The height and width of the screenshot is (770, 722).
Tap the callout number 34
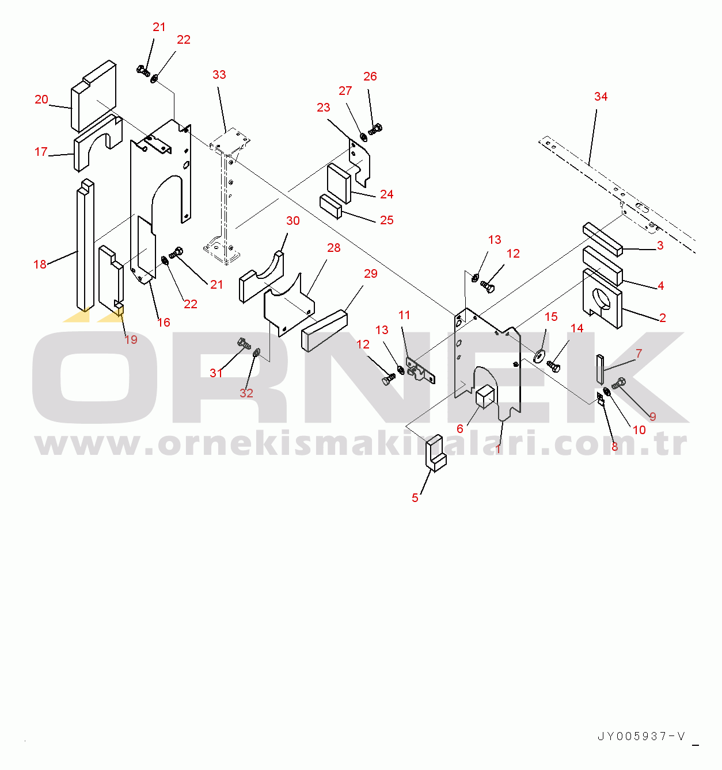601,96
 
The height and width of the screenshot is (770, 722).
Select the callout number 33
219,74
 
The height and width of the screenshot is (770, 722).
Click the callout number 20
41,99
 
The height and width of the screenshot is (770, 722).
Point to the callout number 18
40,264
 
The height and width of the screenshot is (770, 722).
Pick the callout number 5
415,498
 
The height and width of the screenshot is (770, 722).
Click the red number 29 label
371,273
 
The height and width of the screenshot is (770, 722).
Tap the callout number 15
551,317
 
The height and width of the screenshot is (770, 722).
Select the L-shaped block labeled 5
436,453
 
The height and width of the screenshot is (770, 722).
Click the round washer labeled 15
539,356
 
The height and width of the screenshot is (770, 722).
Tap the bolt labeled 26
375,129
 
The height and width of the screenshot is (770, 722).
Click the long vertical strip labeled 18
85,246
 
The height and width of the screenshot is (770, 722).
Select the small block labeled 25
330,206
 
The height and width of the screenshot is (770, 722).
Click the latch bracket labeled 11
420,370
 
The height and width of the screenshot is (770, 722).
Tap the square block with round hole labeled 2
602,299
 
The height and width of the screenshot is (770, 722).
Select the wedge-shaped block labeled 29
324,331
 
